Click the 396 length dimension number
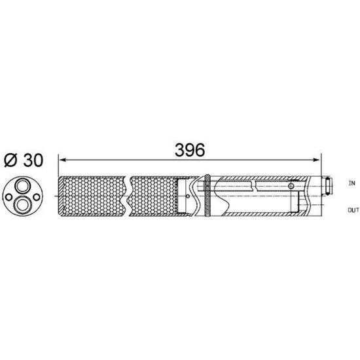190,150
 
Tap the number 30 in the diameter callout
33,160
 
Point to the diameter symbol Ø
10,160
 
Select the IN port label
351,183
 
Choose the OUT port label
353,210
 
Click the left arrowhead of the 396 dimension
62,160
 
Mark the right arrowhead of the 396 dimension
317,160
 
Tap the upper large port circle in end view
22,185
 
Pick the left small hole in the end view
9,197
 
